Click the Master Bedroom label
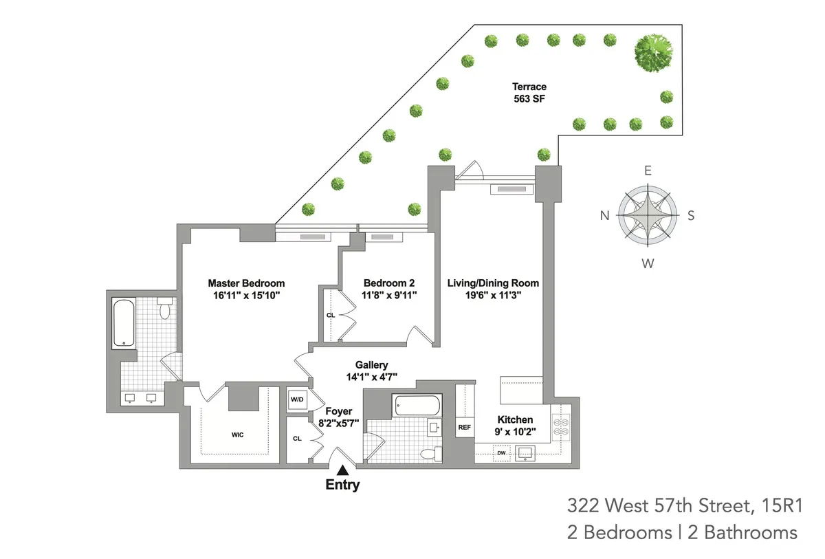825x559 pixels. [246, 283]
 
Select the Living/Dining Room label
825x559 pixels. [493, 283]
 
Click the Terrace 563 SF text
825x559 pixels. [529, 93]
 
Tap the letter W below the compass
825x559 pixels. [648, 263]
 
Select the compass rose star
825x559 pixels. [648, 216]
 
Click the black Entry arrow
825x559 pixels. [342, 470]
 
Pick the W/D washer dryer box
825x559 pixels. [298, 399]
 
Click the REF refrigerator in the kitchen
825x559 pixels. [464, 427]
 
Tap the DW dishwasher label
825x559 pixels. [501, 453]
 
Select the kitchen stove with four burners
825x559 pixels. [561, 426]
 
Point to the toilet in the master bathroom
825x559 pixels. [164, 310]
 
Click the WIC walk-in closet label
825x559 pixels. [238, 435]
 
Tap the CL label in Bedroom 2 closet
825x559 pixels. [330, 315]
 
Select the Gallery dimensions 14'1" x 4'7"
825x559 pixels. [372, 377]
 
